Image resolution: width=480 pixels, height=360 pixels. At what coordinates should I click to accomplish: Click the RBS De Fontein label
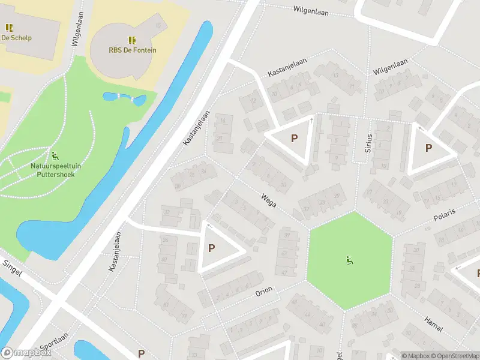pos(133,50)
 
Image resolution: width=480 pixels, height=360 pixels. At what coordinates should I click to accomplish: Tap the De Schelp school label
pos(16,38)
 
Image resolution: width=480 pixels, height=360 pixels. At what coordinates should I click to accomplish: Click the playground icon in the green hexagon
pos(349,260)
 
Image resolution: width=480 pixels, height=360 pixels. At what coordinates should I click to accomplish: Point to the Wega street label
pos(268,200)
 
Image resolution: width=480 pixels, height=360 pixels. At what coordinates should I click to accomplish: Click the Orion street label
pos(264,291)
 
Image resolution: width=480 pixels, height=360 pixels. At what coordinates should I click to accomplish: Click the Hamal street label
pos(433,325)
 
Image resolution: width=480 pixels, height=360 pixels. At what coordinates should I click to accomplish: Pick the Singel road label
pos(12,268)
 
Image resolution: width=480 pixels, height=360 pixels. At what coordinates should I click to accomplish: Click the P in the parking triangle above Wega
pos(294,138)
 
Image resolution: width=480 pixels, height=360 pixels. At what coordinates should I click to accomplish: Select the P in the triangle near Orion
pos(211,247)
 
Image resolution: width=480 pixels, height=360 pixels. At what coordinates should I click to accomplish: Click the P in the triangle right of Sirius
pos(428,148)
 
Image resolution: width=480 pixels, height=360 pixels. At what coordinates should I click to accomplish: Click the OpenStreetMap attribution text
pos(453,355)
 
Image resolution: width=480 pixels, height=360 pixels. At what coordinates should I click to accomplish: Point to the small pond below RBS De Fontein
pos(124,98)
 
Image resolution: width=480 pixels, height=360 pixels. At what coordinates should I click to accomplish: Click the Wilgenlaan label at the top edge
pos(311,10)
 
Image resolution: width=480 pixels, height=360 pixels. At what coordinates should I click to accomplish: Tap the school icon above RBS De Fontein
pos(132,40)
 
